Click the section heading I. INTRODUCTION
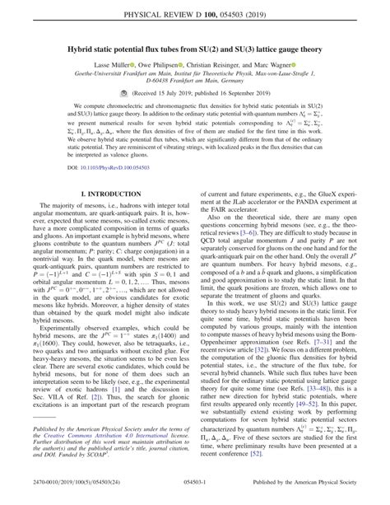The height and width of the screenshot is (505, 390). (103, 194)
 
